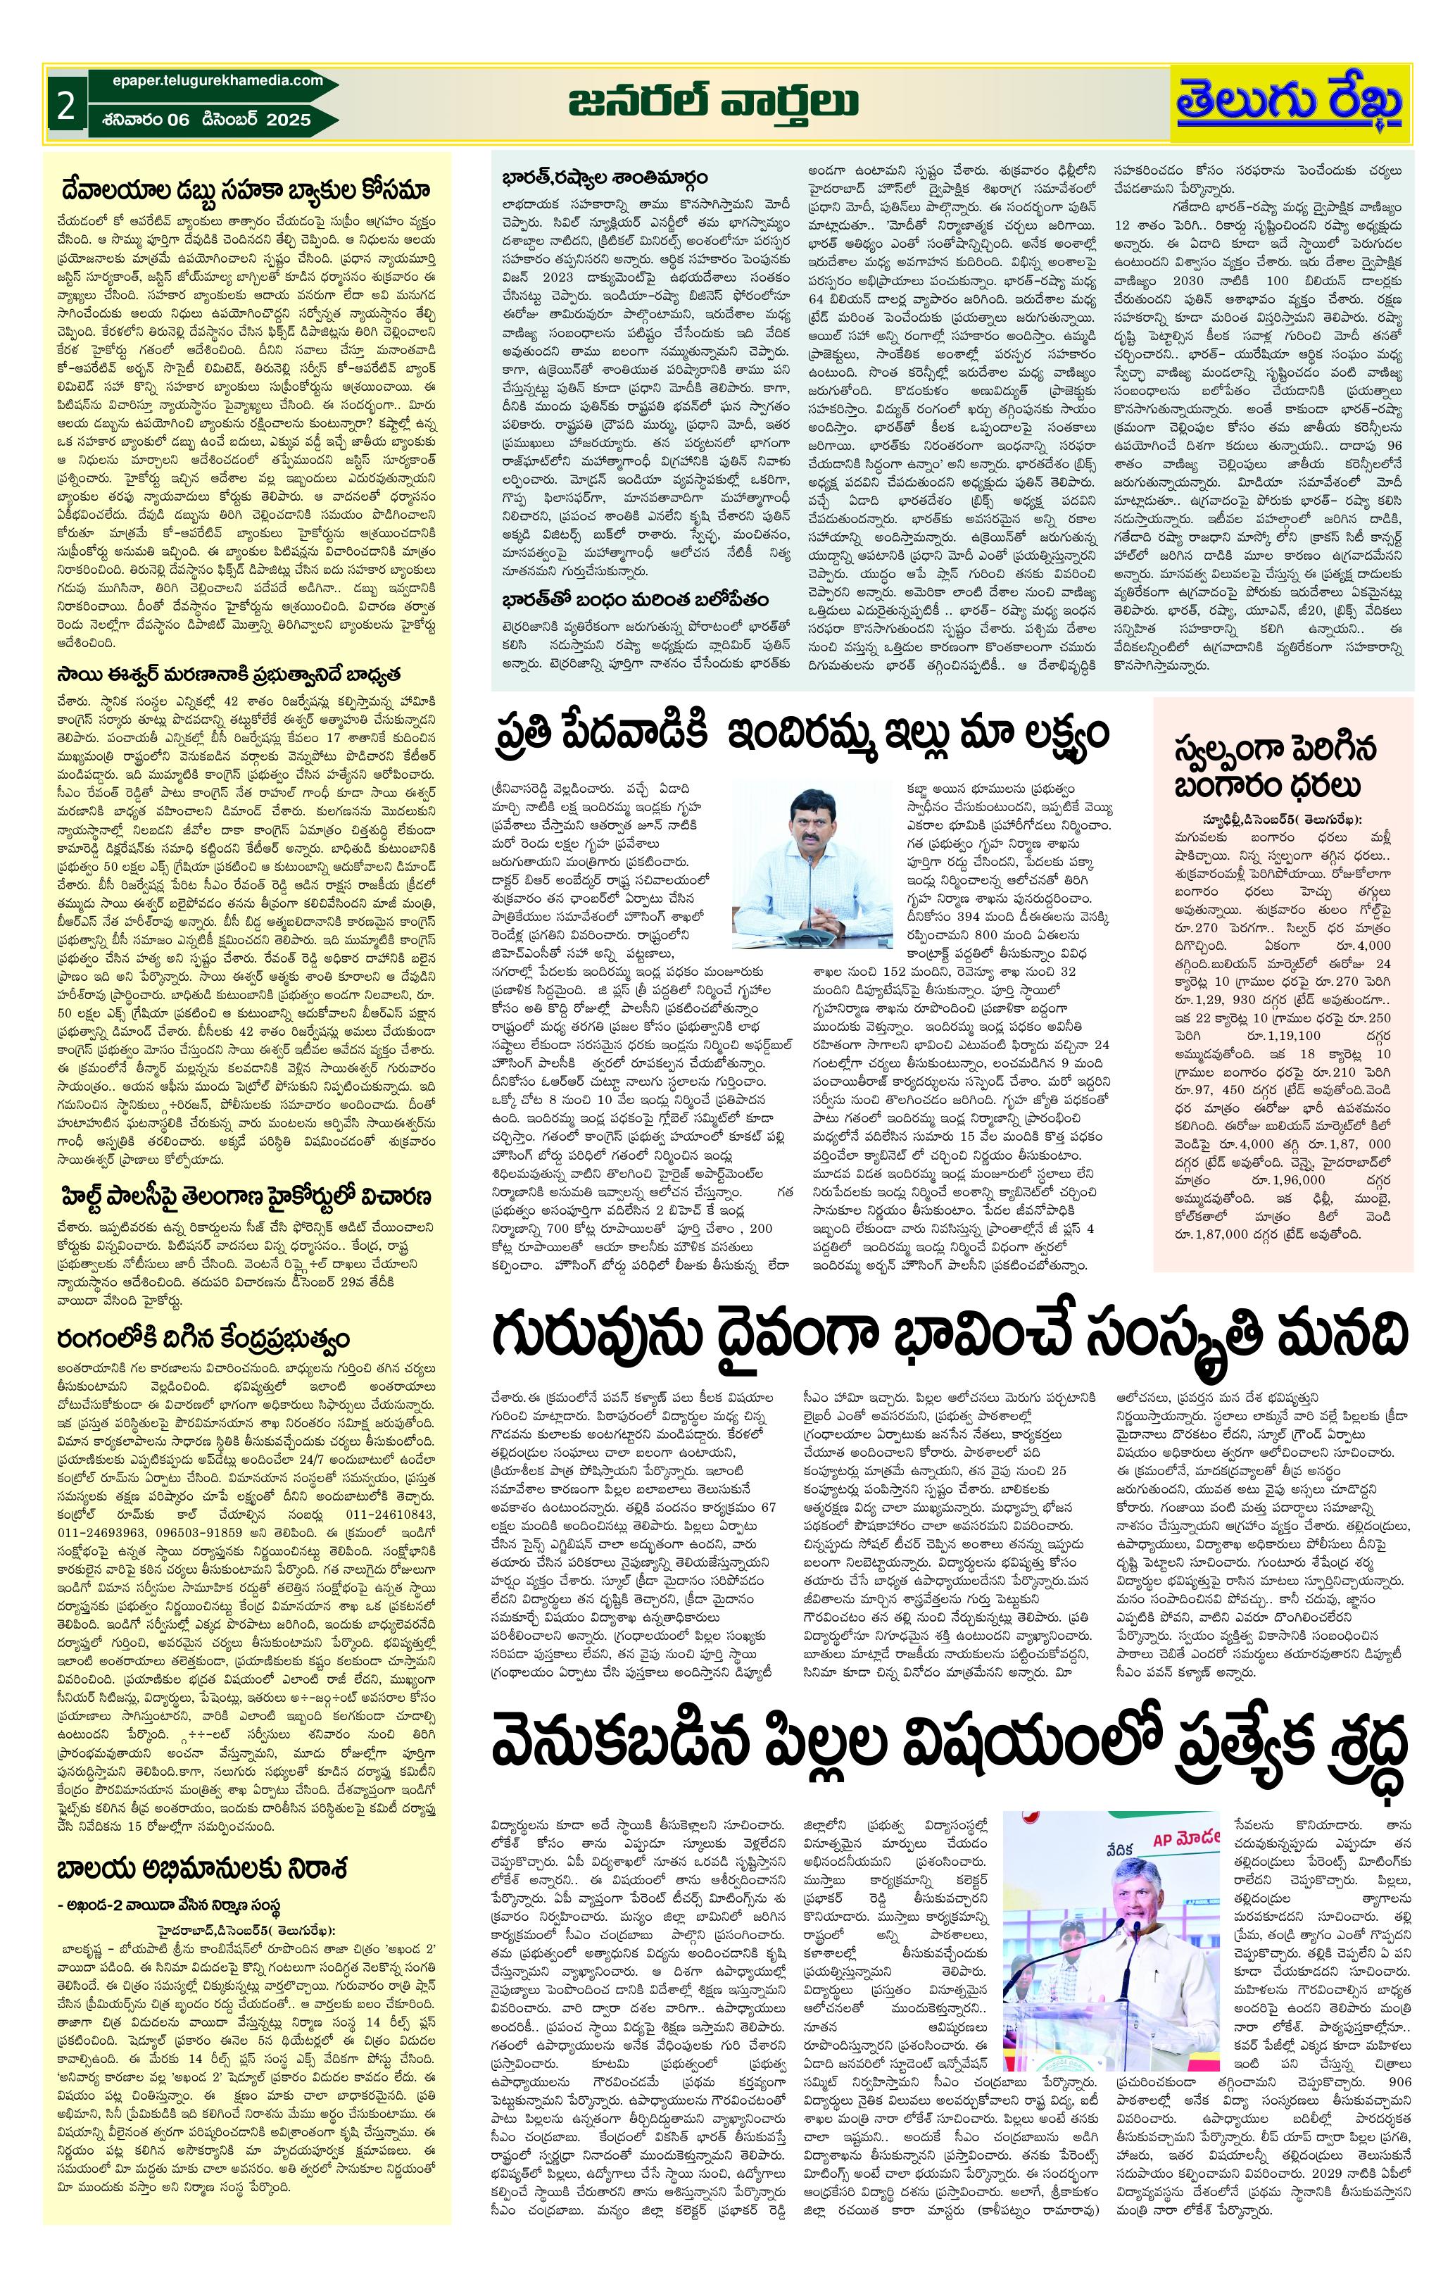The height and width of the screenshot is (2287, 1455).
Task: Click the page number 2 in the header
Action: [65, 106]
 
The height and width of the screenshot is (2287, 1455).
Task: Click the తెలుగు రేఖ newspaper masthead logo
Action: [1289, 104]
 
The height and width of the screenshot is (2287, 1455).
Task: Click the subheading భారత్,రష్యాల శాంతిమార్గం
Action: [604, 177]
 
